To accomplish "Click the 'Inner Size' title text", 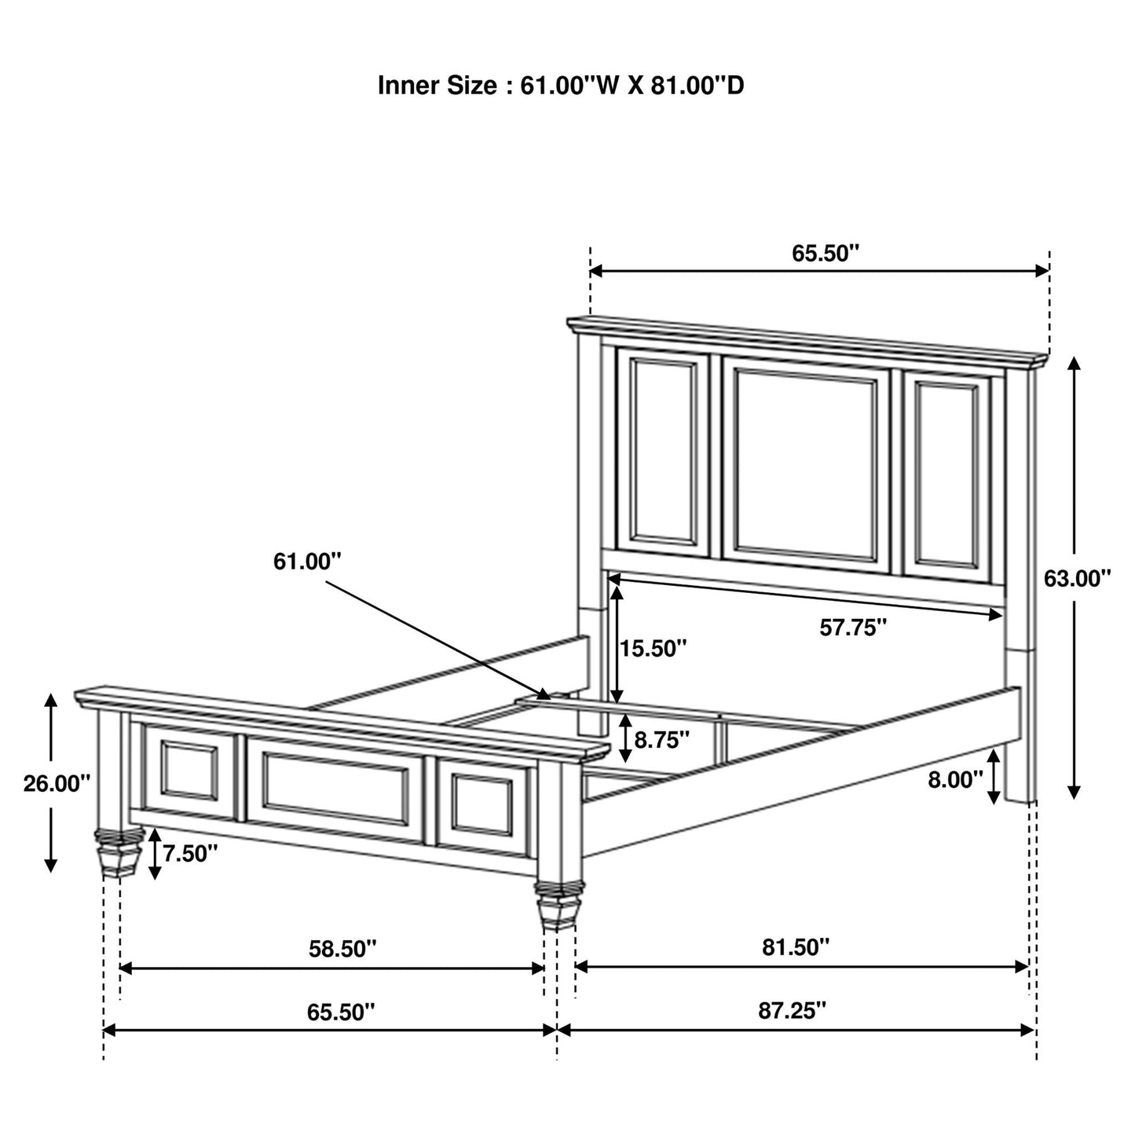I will coord(561,86).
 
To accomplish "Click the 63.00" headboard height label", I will coord(1077,579).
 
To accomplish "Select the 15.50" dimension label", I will coord(654,649).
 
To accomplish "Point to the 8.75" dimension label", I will coord(662,739).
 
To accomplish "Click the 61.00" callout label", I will coord(308,562).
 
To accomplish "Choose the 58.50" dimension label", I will coord(342,949).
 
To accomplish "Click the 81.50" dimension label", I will coord(796,947).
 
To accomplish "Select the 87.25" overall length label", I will coord(793,1010).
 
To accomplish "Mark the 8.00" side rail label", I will coord(955,779).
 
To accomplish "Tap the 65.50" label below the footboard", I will coord(341,1012).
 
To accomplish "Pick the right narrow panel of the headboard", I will coord(947,474).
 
